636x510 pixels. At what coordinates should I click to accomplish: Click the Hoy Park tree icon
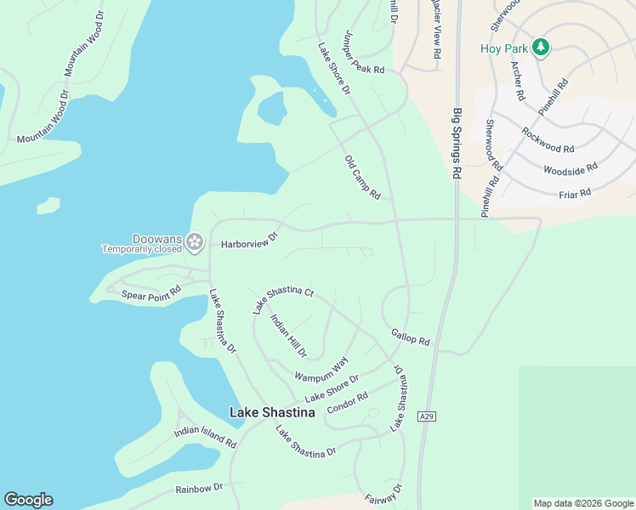click(540, 48)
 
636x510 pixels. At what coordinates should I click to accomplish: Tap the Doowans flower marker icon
click(195, 242)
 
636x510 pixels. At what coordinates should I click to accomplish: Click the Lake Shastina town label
click(272, 412)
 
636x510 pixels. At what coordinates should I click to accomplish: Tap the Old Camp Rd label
click(362, 178)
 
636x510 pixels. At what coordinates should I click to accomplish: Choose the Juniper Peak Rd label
click(363, 54)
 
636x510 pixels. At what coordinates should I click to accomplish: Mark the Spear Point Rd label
click(151, 293)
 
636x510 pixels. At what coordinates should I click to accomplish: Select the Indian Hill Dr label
click(288, 335)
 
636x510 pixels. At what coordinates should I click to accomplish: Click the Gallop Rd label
click(411, 337)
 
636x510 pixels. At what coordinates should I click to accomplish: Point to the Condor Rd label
click(347, 401)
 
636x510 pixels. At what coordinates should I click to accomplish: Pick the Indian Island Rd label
click(205, 437)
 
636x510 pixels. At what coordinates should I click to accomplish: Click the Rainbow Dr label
click(199, 488)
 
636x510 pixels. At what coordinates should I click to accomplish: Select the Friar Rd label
click(574, 194)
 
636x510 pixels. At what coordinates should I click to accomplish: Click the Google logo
click(28, 500)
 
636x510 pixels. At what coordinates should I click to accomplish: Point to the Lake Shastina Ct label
click(283, 299)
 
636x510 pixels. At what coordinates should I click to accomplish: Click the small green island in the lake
click(48, 206)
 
